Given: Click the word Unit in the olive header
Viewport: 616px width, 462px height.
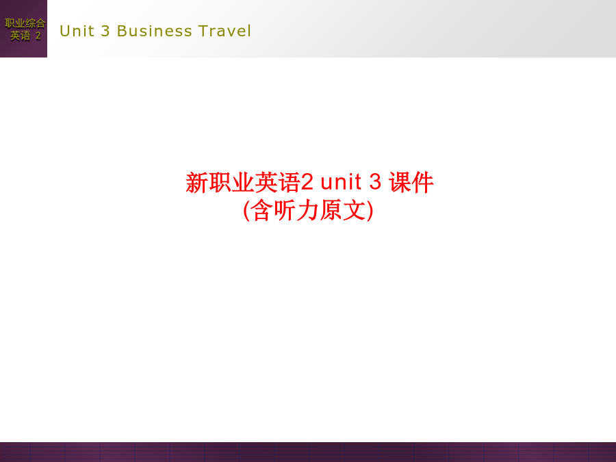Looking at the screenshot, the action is (x=77, y=31).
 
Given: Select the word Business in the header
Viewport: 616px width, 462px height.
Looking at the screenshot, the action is (x=155, y=31).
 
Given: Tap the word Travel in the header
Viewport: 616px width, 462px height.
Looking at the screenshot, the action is (x=224, y=31).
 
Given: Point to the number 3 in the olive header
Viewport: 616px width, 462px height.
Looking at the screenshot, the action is (x=105, y=31).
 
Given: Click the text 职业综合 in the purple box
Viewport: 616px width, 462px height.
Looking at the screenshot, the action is (x=25, y=23).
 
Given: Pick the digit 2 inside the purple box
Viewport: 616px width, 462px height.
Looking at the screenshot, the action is (x=38, y=36).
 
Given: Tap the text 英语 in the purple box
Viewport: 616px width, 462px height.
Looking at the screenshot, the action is (x=21, y=36).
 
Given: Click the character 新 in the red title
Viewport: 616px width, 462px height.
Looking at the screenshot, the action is (x=197, y=183).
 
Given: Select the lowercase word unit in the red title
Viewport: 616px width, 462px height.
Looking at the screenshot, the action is (x=341, y=182).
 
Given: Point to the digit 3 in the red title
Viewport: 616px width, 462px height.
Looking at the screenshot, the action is (x=375, y=182).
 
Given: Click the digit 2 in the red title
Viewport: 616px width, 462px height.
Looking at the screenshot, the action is (x=307, y=182).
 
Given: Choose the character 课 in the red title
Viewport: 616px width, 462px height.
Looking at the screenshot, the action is (x=400, y=183).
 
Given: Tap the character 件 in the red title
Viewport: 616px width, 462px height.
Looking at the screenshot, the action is (x=423, y=183).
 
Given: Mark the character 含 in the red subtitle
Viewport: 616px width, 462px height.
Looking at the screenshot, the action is (x=262, y=210).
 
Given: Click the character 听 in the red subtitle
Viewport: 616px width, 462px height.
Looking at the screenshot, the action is (x=285, y=210).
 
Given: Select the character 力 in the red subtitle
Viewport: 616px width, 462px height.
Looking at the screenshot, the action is (x=307, y=210).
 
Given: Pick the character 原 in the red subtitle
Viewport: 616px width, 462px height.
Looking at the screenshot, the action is (x=331, y=210).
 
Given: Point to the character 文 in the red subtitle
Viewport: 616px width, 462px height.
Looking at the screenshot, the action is (x=353, y=210).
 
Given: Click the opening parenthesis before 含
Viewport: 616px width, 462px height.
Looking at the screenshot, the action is (x=246, y=211).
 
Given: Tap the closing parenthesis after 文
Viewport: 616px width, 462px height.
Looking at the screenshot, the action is (x=370, y=211).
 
